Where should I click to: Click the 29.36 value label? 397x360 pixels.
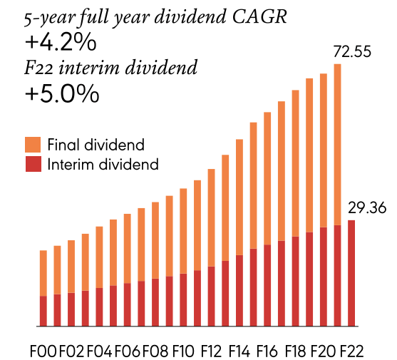click(x=366, y=207)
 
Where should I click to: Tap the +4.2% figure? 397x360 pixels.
click(x=60, y=43)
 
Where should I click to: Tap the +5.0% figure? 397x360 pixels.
click(x=61, y=95)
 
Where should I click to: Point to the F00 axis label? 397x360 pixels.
click(x=42, y=351)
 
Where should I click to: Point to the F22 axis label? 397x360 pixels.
click(x=351, y=351)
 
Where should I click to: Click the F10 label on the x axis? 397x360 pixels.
click(x=183, y=351)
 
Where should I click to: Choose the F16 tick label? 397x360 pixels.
click(x=267, y=351)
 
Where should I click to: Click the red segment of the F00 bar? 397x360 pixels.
click(x=43, y=311)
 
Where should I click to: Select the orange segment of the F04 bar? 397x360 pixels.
click(x=99, y=257)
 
